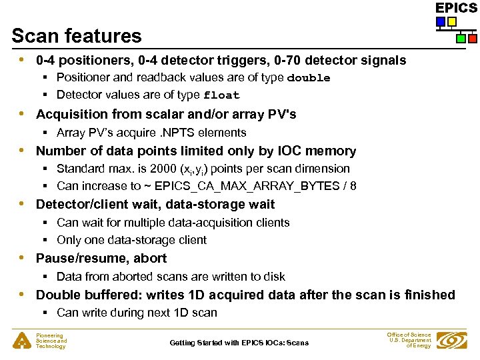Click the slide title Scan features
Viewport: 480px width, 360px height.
(x=77, y=36)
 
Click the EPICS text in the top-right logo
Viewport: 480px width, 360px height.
(x=456, y=8)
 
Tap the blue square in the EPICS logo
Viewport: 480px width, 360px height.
(x=441, y=22)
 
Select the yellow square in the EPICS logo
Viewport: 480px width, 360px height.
(x=452, y=22)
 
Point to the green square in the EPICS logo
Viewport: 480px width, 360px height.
(x=461, y=38)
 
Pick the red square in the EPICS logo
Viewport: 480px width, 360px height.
(x=472, y=38)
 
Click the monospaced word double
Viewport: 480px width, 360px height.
(x=308, y=78)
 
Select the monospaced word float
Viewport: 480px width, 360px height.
(x=221, y=95)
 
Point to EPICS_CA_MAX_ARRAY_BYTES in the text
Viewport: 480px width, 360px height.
(x=233, y=186)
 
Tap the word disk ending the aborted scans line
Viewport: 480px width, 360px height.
(x=274, y=277)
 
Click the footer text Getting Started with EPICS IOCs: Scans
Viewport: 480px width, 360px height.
(x=239, y=343)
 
